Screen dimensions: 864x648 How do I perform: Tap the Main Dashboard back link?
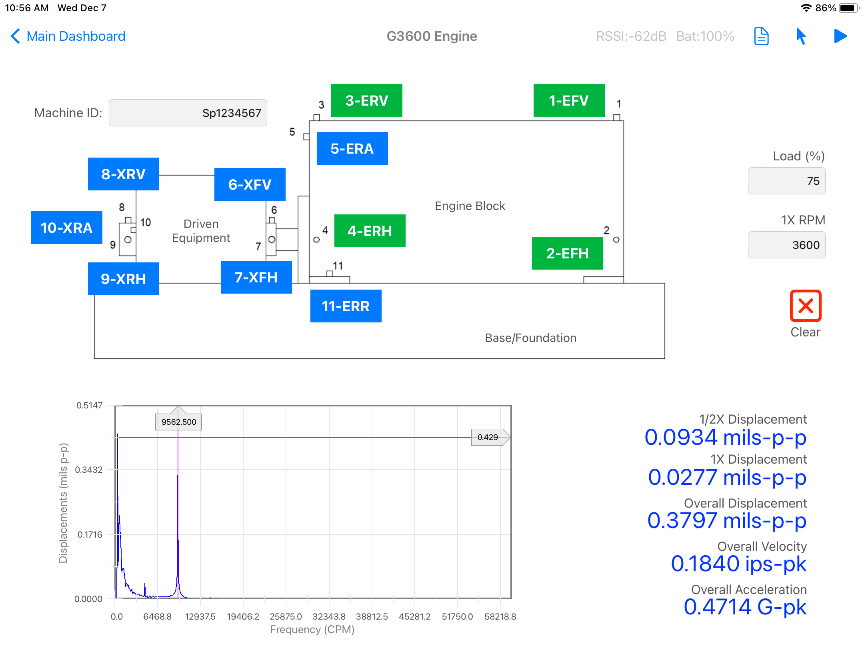[68, 36]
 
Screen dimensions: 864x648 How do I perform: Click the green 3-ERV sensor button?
[367, 100]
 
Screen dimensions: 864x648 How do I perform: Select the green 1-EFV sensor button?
[569, 100]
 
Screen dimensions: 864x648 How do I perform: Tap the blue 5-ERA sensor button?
[352, 148]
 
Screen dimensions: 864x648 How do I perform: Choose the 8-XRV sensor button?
[124, 174]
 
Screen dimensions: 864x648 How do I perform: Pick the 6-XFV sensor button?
[250, 184]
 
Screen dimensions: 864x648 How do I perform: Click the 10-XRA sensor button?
[67, 228]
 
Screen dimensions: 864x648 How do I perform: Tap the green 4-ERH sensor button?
[370, 231]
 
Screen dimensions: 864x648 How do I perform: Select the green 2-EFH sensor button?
[568, 253]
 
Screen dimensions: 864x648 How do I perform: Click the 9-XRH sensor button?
[124, 279]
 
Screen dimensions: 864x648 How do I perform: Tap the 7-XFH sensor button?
[256, 277]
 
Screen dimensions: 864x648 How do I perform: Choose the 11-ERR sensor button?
[346, 306]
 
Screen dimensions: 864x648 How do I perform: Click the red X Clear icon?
[806, 306]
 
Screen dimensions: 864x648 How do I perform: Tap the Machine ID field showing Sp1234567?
[188, 113]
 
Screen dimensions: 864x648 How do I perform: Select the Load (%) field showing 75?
[787, 181]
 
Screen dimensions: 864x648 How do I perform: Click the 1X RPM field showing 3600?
[787, 245]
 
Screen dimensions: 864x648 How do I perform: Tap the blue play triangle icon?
[840, 36]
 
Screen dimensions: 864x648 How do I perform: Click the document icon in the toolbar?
[762, 36]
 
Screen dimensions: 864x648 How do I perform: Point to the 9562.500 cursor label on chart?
[178, 422]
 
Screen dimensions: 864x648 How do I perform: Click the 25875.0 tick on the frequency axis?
[286, 616]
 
